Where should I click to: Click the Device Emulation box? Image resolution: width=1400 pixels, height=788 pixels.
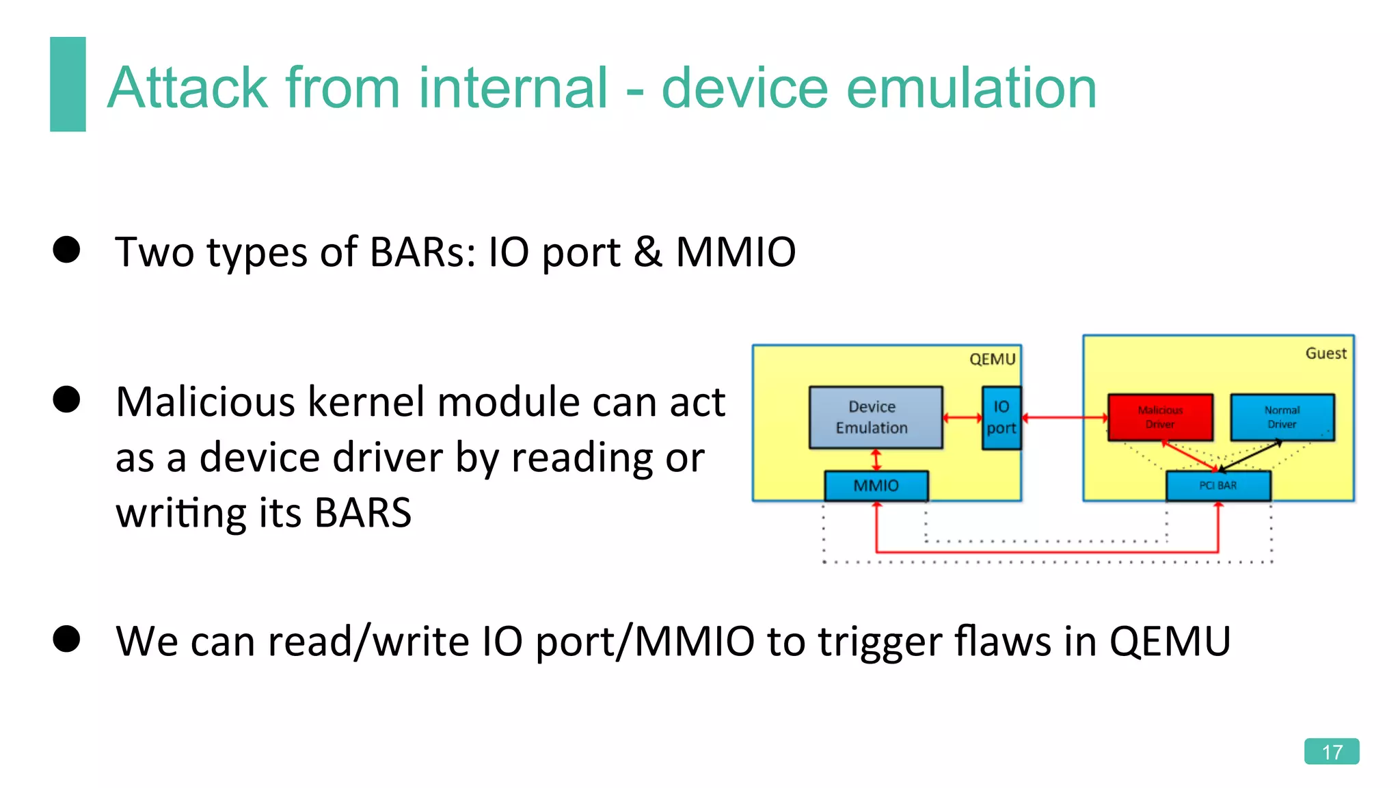875,417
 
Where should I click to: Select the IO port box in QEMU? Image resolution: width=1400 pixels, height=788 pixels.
1001,417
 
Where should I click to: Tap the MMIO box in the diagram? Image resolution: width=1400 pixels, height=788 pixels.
876,486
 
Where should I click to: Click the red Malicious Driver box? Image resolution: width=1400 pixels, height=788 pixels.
1160,417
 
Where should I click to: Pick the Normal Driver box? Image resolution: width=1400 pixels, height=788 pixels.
1282,417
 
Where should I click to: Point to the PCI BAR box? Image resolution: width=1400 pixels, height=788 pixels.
1217,486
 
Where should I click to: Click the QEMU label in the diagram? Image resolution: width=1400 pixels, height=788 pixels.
992,360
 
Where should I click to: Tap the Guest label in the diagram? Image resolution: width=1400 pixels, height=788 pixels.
1325,354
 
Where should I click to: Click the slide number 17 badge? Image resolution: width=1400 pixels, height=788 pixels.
1331,751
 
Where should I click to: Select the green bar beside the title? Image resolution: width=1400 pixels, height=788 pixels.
68,84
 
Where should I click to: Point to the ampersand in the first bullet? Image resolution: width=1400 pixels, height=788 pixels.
647,252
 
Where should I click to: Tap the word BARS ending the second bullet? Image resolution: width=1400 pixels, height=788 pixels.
362,513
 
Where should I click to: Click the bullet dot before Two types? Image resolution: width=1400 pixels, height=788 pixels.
66,250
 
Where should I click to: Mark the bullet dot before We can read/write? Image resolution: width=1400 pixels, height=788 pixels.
66,639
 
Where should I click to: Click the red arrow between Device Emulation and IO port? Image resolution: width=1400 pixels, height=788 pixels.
962,417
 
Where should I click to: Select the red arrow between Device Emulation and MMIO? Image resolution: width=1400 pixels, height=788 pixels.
876,460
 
